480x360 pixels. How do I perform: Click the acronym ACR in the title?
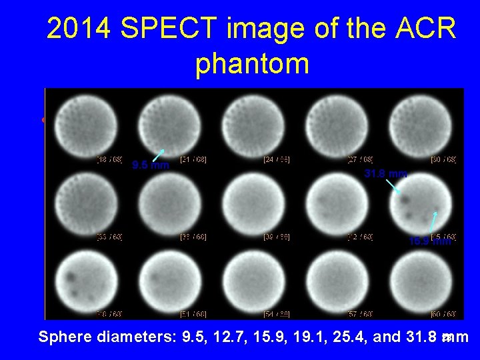[x=423, y=30]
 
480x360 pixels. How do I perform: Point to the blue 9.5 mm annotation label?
[x=150, y=165]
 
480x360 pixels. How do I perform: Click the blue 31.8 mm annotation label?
[x=385, y=174]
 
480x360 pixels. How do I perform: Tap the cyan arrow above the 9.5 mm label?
[x=157, y=154]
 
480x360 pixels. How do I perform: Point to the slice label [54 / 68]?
[x=275, y=313]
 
